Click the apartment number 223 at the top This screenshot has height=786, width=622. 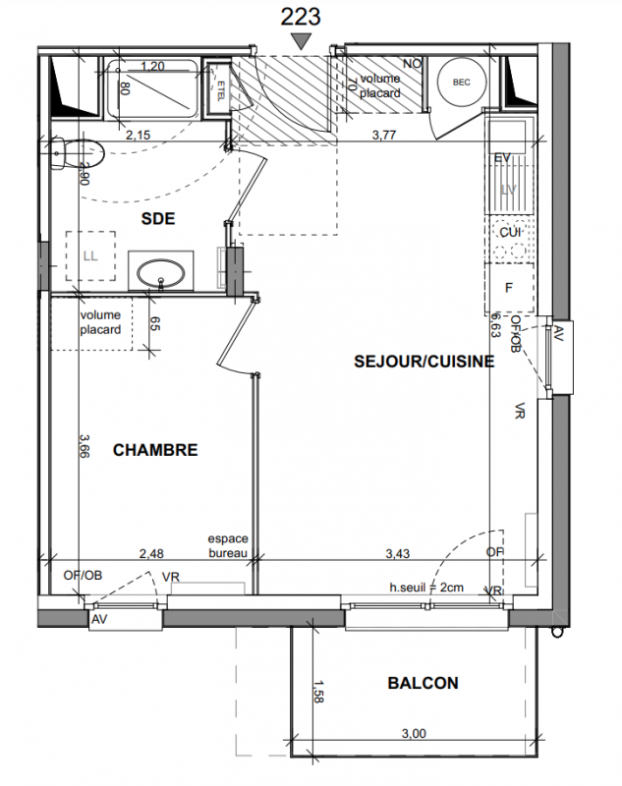[x=301, y=17]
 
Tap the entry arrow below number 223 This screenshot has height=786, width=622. [x=301, y=40]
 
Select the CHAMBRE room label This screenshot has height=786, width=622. [x=155, y=450]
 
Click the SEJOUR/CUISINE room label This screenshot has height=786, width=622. [x=424, y=362]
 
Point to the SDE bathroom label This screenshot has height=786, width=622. [x=158, y=218]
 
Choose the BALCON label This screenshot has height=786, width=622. [x=424, y=683]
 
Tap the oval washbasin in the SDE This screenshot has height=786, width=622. [x=161, y=273]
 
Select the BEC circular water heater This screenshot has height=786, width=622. [x=461, y=83]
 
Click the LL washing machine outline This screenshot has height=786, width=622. [x=90, y=256]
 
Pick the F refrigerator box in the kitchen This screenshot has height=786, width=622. [x=509, y=288]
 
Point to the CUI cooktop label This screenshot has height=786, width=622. [x=510, y=232]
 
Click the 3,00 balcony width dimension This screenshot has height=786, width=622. [x=414, y=733]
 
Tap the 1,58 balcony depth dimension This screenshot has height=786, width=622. [x=317, y=692]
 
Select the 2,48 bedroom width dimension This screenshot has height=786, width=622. [x=151, y=553]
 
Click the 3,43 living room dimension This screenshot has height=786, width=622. [x=397, y=553]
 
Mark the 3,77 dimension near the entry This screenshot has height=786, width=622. [x=384, y=135]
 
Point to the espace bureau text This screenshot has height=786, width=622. [x=228, y=546]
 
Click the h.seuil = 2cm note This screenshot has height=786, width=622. [x=426, y=587]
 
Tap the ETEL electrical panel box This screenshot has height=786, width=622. [x=220, y=90]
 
